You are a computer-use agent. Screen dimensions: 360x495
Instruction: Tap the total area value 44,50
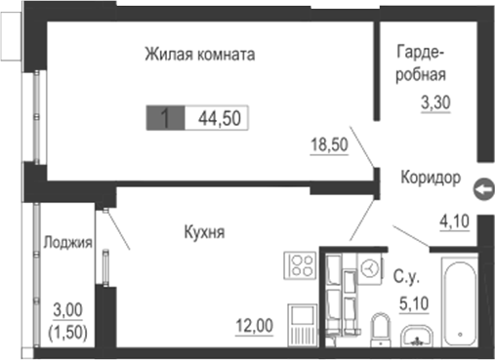(219, 119)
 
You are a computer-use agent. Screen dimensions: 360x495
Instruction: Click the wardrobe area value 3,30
(436, 100)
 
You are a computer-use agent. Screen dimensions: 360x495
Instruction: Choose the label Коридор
(430, 179)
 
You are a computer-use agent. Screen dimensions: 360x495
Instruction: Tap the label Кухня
(205, 232)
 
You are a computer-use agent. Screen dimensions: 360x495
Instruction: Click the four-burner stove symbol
(300, 265)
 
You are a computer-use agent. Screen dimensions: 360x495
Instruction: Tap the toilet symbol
(382, 328)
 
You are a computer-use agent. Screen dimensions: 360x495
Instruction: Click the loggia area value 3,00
(66, 310)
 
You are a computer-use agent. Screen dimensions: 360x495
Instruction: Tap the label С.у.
(405, 276)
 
